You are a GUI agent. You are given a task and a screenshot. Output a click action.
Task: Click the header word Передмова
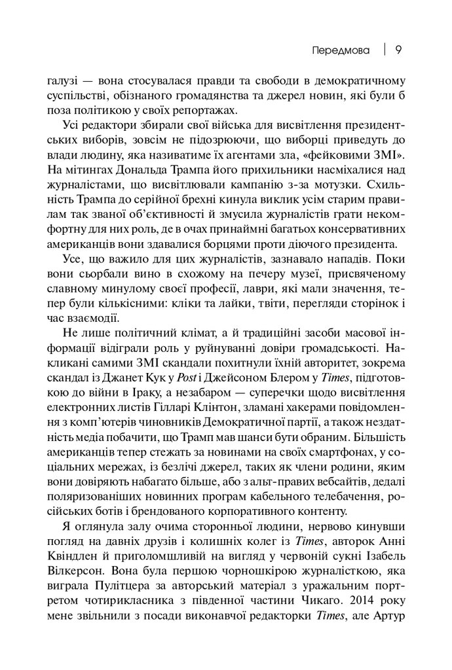340,50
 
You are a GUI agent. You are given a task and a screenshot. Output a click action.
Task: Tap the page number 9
398,50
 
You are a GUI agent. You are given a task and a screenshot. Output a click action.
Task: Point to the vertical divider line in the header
385,50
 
